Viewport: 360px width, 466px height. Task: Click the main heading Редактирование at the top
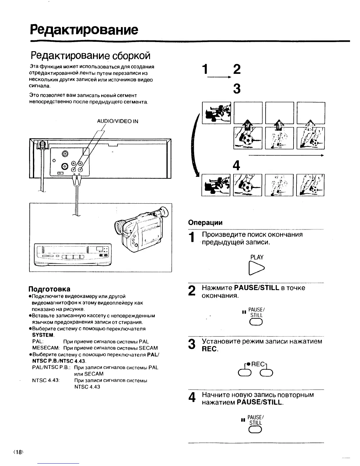tap(84, 30)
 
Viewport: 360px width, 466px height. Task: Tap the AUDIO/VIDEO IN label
tap(117, 121)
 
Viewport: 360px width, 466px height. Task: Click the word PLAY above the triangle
tap(257, 257)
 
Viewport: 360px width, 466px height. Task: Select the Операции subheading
tap(205, 222)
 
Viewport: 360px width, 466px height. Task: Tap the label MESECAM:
tap(46, 348)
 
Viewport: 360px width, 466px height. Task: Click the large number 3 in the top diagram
tap(236, 89)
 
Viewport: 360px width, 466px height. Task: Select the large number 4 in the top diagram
tap(236, 166)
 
